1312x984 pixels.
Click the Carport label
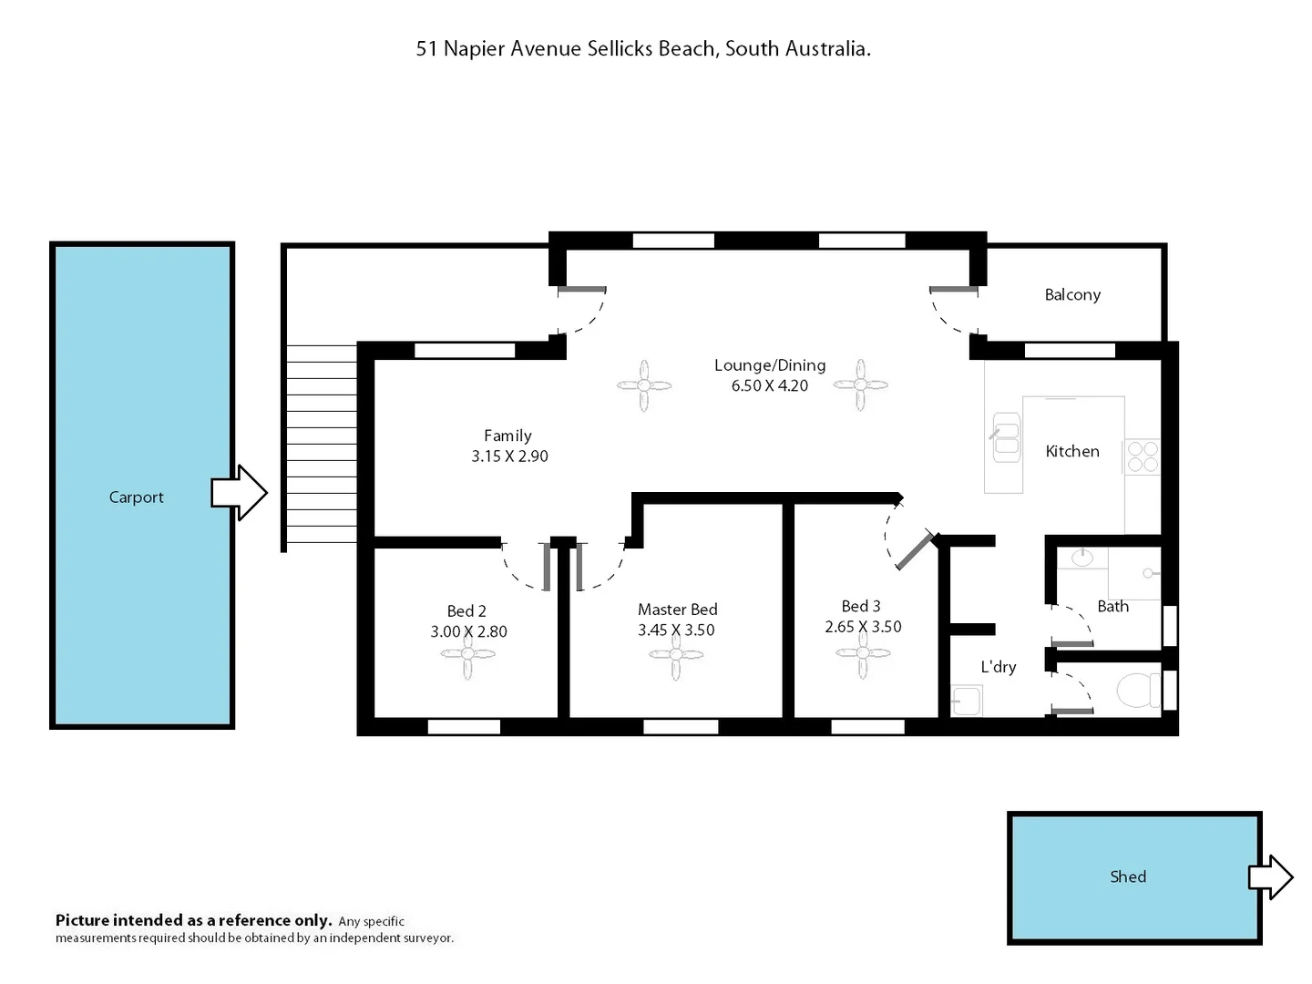coord(136,497)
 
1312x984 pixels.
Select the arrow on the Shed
coord(1270,877)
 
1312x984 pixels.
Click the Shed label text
coord(1127,876)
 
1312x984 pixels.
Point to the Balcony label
coord(1072,294)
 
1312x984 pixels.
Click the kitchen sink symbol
coord(1005,438)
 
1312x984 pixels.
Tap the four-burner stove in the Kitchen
coord(1143,456)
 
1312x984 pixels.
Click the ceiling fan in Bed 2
coord(468,654)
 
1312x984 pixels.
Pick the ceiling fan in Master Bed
coord(676,654)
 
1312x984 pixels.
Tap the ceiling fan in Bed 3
coord(863,652)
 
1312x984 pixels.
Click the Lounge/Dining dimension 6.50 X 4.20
coord(770,385)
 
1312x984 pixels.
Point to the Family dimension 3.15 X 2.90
coord(509,456)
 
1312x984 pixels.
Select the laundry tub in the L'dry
coord(966,701)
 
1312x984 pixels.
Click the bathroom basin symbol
coord(1082,557)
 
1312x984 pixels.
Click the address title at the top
coord(643,49)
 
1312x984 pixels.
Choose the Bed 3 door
coord(915,550)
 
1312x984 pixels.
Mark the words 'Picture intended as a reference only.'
coord(193,920)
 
